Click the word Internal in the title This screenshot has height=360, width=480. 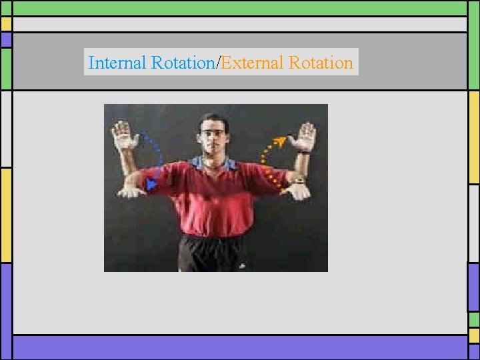pyautogui.click(x=117, y=63)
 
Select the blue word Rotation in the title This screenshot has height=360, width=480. pyautogui.click(x=183, y=63)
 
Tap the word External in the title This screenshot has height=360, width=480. pyautogui.click(x=253, y=63)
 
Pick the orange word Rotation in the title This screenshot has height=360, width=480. pyautogui.click(x=321, y=63)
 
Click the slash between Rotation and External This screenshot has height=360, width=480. pyautogui.click(x=218, y=63)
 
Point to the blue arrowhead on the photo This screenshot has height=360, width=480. pyautogui.click(x=152, y=183)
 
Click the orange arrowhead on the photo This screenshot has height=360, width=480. pyautogui.click(x=282, y=140)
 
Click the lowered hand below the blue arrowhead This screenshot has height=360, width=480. pyautogui.click(x=131, y=192)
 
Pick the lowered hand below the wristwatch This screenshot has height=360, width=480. pyautogui.click(x=298, y=191)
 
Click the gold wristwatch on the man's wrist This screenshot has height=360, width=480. pyautogui.click(x=297, y=180)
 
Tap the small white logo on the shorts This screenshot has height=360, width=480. pyautogui.click(x=242, y=266)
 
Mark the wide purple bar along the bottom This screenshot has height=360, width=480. pyautogui.click(x=240, y=347)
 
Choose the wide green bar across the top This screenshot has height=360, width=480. pyautogui.click(x=240, y=8)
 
